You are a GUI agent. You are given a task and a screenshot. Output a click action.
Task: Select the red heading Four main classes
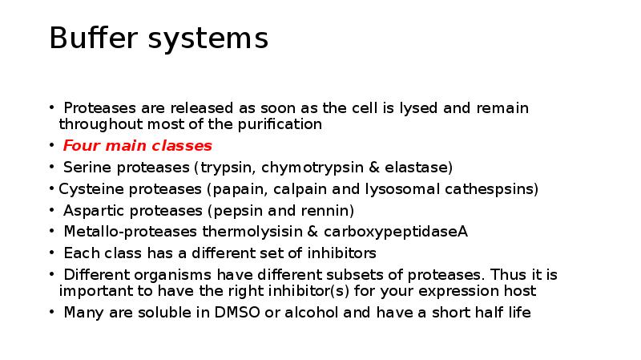pyautogui.click(x=137, y=146)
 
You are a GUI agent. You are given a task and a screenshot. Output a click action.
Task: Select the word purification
pyautogui.click(x=280, y=124)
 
